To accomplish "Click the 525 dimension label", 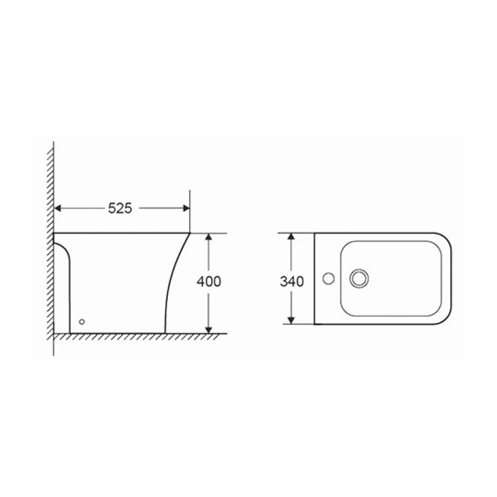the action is pos(120,208).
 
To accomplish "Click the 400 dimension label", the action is pos(209,281).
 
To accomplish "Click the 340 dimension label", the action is pos(292,281).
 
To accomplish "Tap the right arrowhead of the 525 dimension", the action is pos(186,208).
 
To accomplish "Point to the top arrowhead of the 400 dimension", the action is pos(209,238).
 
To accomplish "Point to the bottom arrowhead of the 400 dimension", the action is pos(209,330).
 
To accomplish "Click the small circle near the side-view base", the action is pos(82,322).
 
